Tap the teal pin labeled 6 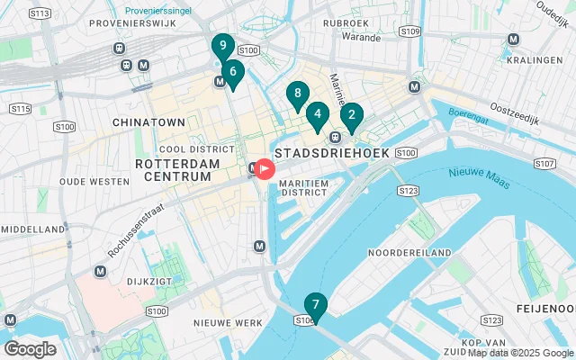(x=233, y=72)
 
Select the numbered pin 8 (x=297, y=94)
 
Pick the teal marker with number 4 (x=317, y=114)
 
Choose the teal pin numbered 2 (x=351, y=115)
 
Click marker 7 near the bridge (x=315, y=305)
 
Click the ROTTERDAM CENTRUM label (x=177, y=170)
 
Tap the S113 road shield (x=39, y=14)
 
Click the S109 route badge (x=410, y=31)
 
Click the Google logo (x=30, y=348)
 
